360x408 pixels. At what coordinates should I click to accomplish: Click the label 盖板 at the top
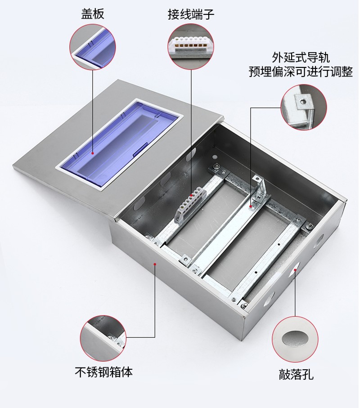click(x=92, y=13)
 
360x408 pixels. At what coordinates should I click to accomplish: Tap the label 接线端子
click(x=191, y=14)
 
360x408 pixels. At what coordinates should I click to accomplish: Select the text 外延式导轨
click(x=301, y=57)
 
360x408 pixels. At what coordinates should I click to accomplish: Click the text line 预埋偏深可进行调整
click(x=301, y=71)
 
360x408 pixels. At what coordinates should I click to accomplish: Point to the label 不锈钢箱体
click(x=103, y=372)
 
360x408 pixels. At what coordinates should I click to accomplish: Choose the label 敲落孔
click(x=296, y=374)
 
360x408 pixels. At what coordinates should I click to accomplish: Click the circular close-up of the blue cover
click(x=92, y=47)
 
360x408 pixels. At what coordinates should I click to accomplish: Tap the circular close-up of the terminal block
click(x=191, y=47)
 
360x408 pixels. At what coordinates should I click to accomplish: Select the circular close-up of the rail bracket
click(x=303, y=107)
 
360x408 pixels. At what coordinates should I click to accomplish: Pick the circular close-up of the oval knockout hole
click(x=295, y=339)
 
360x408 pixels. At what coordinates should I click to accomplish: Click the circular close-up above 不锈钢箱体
click(x=103, y=338)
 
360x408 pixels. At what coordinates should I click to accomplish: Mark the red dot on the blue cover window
click(x=92, y=153)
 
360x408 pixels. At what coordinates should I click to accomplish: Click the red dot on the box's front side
click(x=155, y=264)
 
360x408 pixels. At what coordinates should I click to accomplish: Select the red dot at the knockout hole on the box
click(x=295, y=270)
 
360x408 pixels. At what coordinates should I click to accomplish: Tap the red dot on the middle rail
click(x=250, y=206)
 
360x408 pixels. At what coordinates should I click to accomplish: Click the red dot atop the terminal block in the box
click(x=191, y=195)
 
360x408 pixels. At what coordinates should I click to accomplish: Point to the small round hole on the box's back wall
click(x=215, y=157)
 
